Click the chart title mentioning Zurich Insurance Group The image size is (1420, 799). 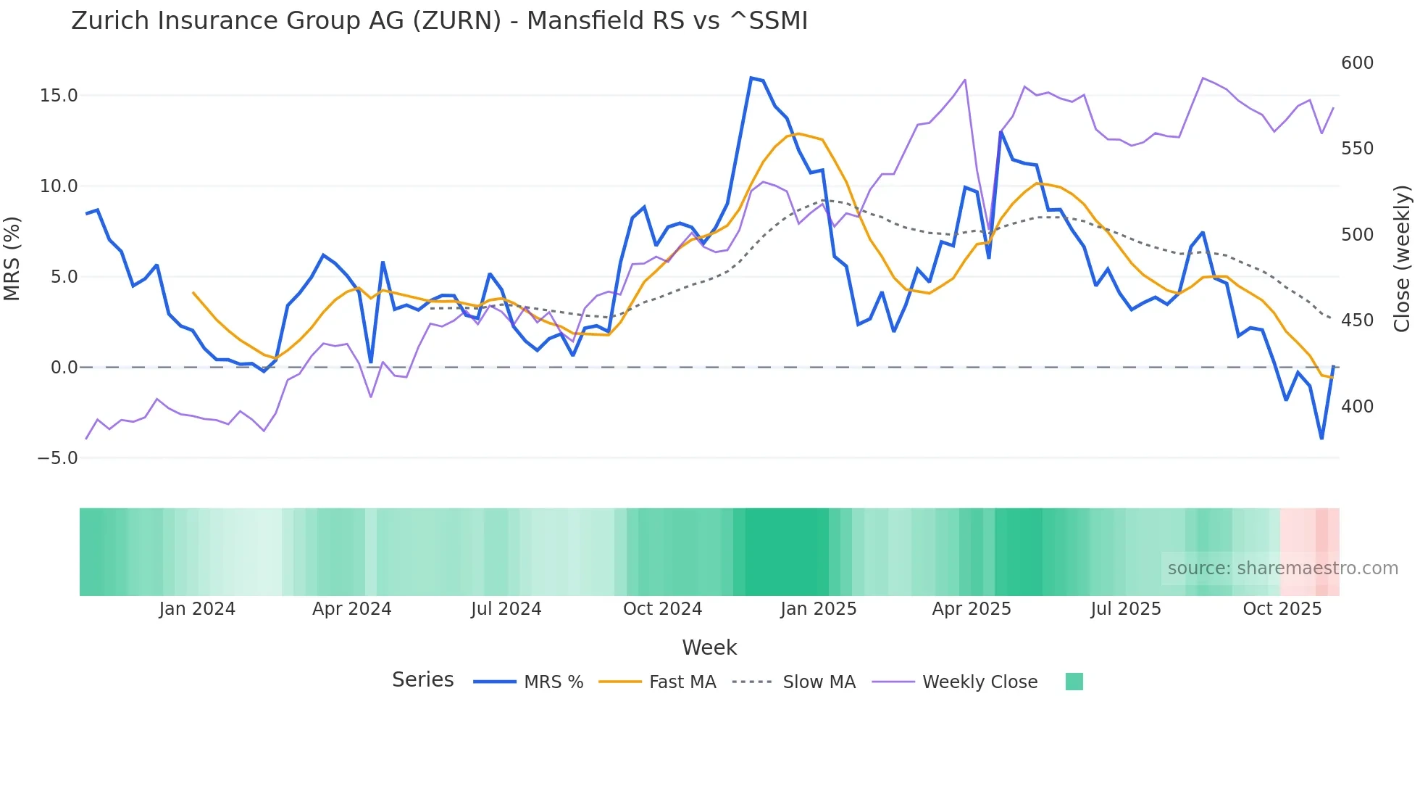pos(439,20)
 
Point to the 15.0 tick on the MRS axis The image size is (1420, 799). pos(58,96)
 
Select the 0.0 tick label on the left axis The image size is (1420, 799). pos(64,368)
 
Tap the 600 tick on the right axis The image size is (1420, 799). pos(1357,63)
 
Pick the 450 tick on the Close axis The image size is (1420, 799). pos(1357,320)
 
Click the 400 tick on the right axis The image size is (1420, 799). pos(1357,407)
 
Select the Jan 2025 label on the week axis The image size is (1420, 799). pos(818,609)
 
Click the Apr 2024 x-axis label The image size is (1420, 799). pos(351,609)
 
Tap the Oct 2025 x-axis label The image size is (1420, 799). pos(1282,609)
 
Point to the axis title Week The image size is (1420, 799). pos(709,647)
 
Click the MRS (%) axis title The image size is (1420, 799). pos(12,259)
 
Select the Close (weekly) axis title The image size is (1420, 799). pos(1403,259)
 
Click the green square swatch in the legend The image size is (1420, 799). pos(1074,682)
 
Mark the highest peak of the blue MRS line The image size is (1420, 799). pos(751,78)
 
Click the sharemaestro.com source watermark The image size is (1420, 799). pos(1282,568)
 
